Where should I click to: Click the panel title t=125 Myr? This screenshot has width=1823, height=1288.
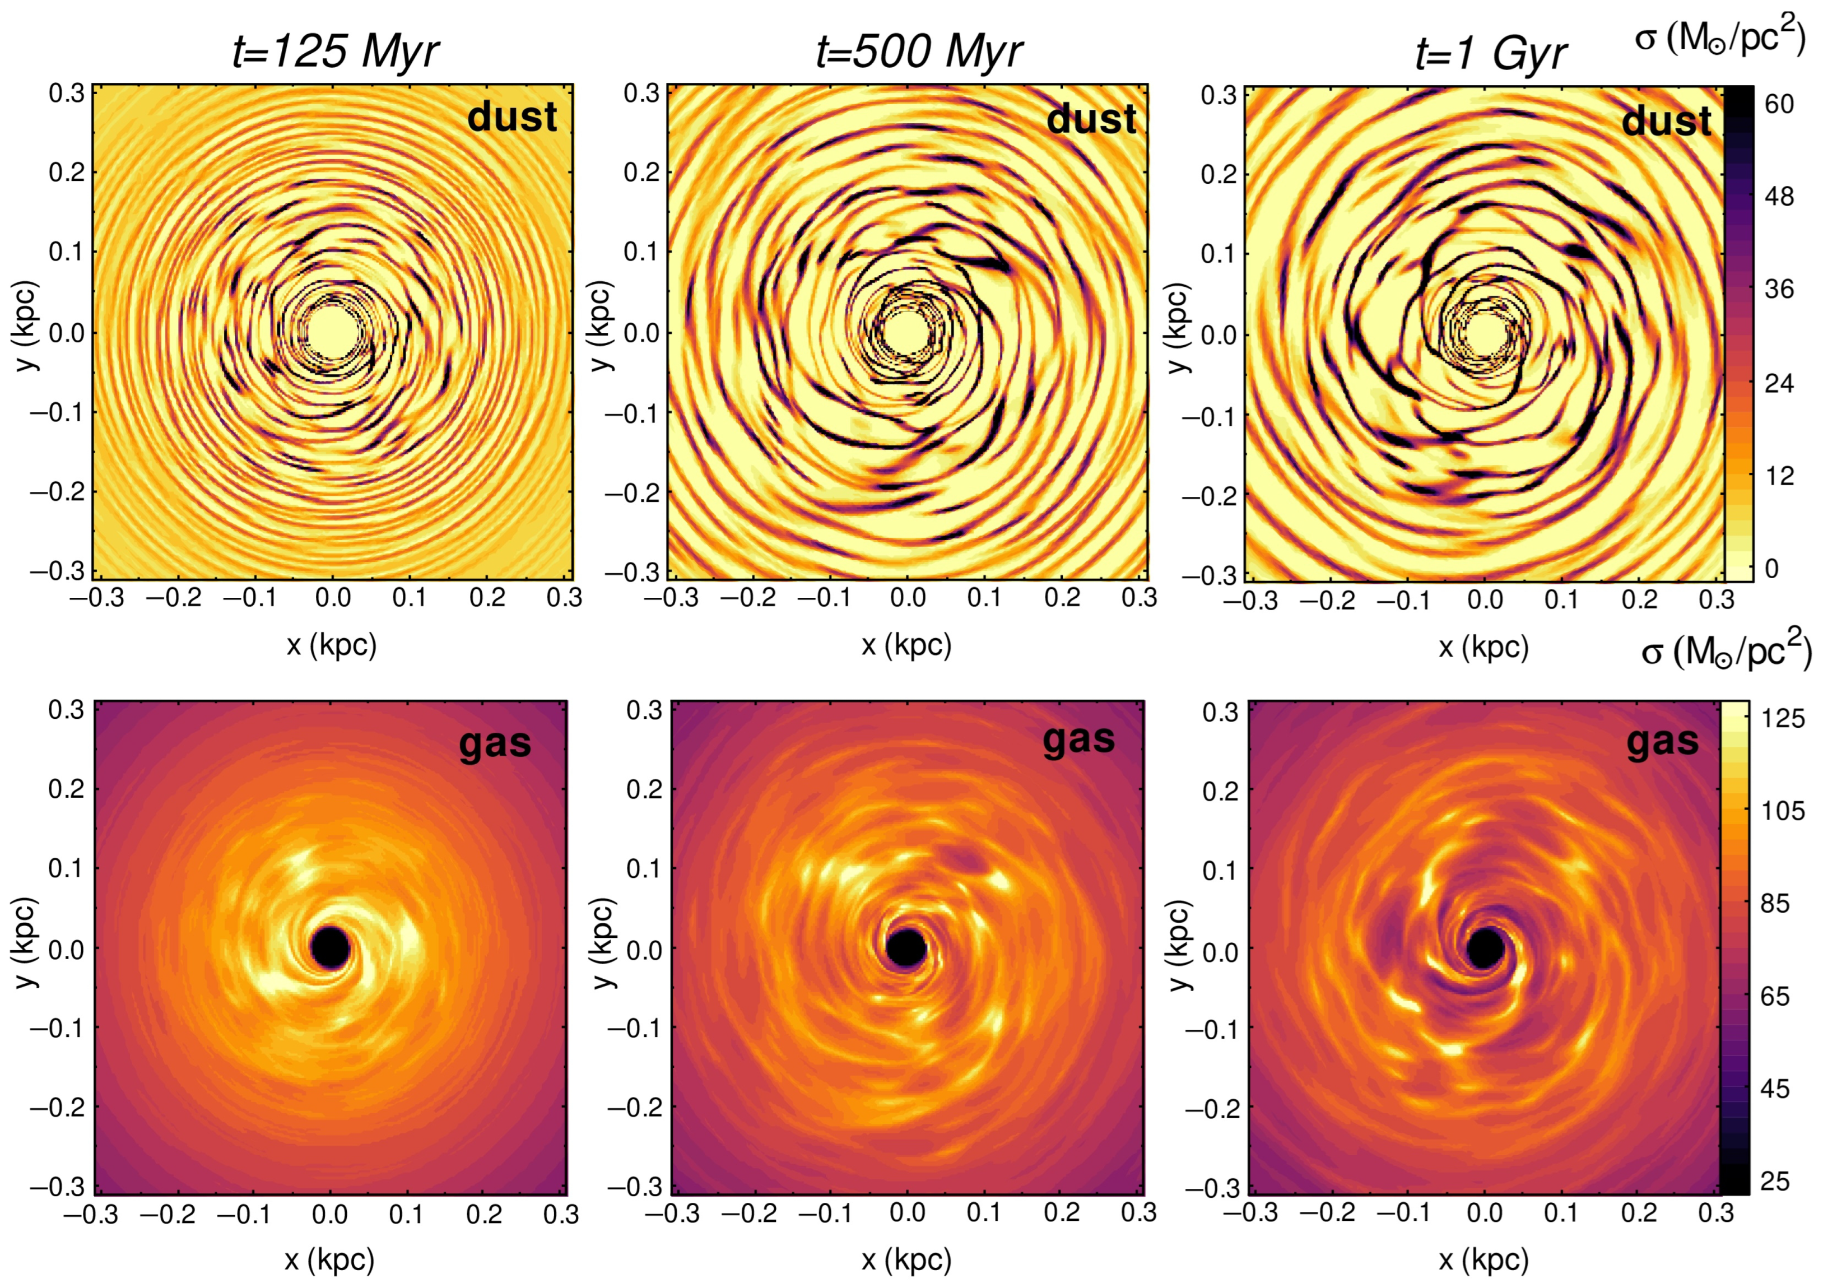[x=335, y=53]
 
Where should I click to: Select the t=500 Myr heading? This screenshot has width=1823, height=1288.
[x=919, y=53]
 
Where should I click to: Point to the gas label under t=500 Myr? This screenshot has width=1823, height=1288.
[x=1078, y=740]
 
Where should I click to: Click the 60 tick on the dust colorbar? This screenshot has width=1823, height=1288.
[x=1779, y=104]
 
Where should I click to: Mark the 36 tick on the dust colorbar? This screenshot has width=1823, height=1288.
[x=1779, y=289]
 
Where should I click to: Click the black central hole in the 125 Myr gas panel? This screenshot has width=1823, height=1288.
[x=331, y=947]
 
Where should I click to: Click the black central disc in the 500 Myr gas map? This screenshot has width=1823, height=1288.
[x=906, y=947]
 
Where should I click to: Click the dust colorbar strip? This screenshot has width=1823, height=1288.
[x=1738, y=333]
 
